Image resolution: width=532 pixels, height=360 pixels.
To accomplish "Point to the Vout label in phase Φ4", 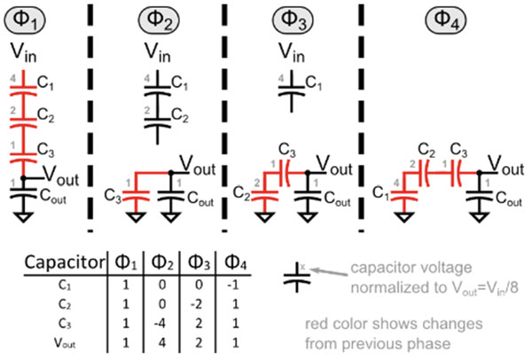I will pyautogui.click(x=508, y=165).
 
